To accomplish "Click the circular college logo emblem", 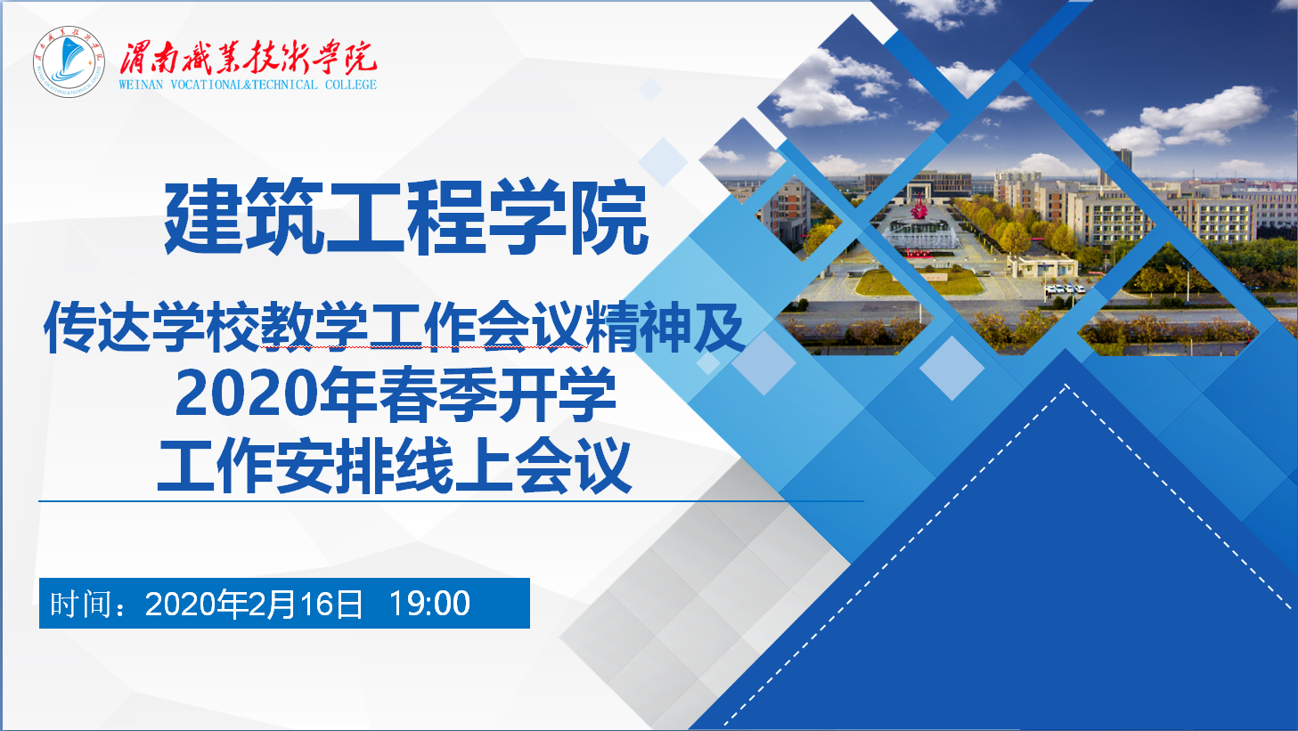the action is (69, 61).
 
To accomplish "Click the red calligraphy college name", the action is (248, 58).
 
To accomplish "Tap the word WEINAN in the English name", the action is (142, 85).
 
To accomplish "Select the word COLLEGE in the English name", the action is (351, 85).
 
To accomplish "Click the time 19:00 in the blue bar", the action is (429, 604).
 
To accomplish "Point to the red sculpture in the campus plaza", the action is (918, 207).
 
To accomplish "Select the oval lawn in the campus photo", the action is (918, 282).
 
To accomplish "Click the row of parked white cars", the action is (1064, 288).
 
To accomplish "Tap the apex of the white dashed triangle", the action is (1066, 385).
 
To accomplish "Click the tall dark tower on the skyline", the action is (1122, 159).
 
